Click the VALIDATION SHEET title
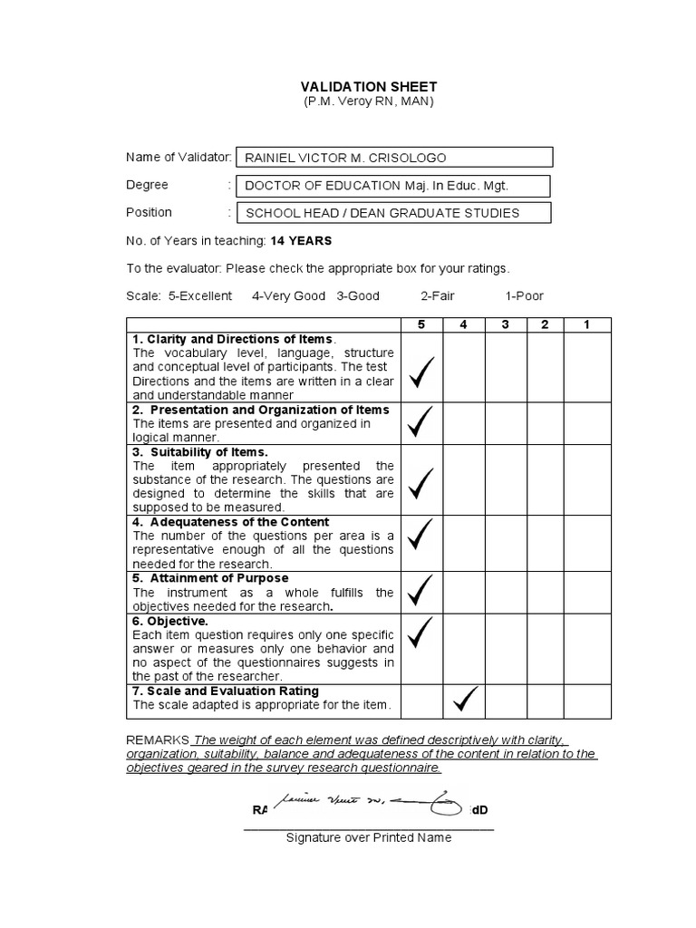point(369,86)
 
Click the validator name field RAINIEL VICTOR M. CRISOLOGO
point(392,158)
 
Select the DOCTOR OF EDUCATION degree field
point(392,186)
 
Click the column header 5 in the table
point(421,324)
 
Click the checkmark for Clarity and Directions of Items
point(421,372)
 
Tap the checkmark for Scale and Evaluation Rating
point(463,700)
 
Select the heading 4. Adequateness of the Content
point(230,522)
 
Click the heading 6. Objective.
point(170,622)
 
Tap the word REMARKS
point(157,739)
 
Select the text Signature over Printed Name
point(368,837)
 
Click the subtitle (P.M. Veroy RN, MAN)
point(369,101)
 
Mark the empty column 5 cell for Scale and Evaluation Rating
point(421,701)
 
